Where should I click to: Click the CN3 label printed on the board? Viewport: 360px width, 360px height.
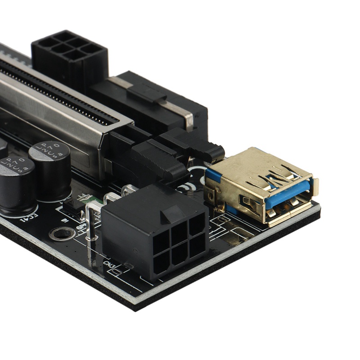point(109,264)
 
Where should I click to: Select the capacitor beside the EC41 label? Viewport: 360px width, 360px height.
point(16,180)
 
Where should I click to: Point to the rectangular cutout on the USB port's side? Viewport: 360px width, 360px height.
point(245,202)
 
